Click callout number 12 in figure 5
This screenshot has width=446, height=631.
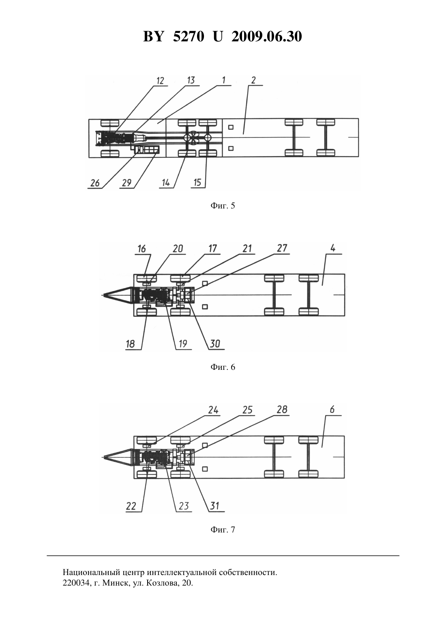160,81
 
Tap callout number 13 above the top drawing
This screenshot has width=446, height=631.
191,80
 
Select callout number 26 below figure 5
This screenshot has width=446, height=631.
95,183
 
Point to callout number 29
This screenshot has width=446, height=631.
127,183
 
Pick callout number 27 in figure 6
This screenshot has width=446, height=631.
282,248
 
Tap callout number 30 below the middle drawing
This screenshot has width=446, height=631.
215,343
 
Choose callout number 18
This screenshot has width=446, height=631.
131,344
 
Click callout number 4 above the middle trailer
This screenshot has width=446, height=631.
333,249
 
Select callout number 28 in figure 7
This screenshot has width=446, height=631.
282,410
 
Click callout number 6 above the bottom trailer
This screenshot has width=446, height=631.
332,410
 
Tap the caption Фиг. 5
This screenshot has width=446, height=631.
223,206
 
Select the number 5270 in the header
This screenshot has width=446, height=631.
189,36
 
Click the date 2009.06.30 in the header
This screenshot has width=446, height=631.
267,36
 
